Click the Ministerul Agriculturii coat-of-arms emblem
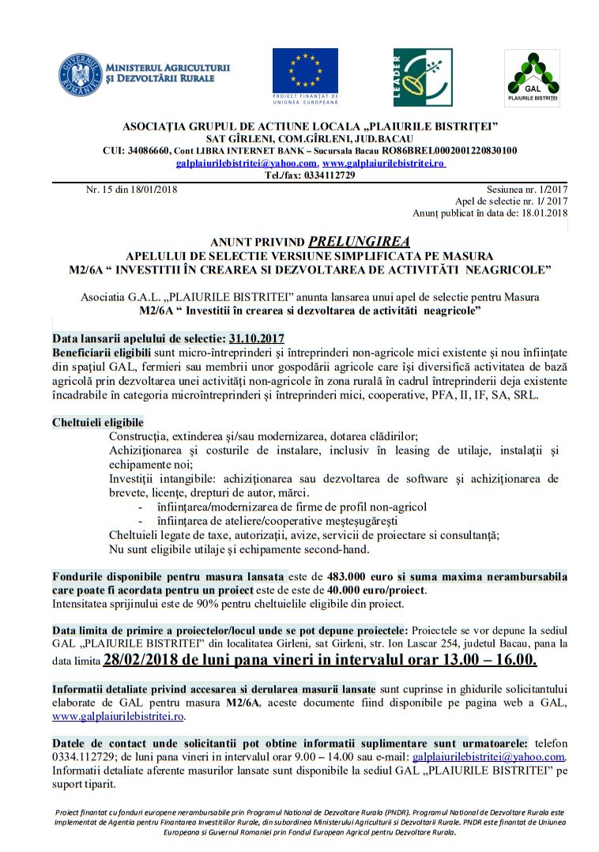click(80, 74)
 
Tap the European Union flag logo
click(305, 71)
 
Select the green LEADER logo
click(423, 77)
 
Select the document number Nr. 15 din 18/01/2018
click(131, 190)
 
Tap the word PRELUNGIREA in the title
click(359, 242)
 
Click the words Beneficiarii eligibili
click(101, 351)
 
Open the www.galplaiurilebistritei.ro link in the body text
click(119, 717)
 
